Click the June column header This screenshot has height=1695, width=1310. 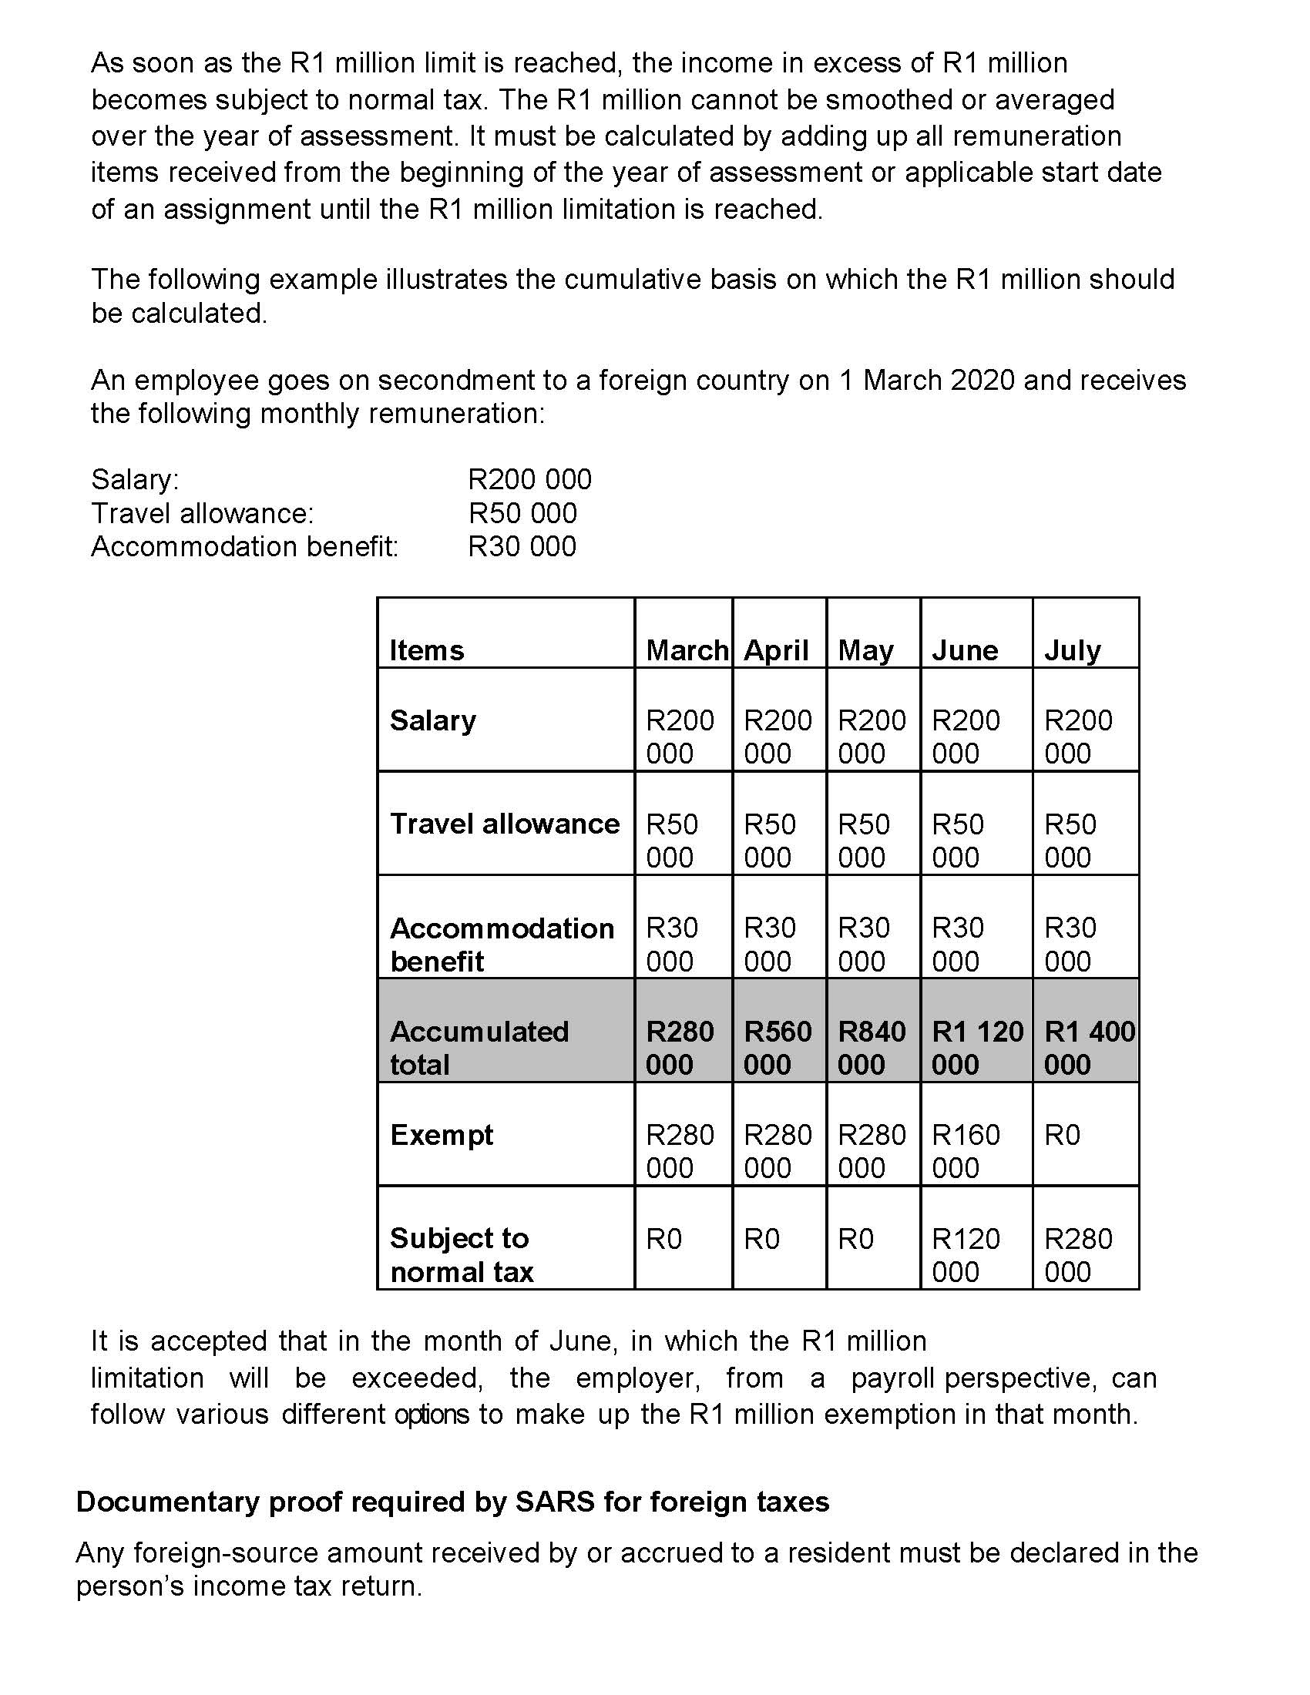965,650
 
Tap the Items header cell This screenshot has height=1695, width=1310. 427,650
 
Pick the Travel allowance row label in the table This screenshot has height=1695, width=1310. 505,824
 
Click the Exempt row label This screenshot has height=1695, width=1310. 442,1135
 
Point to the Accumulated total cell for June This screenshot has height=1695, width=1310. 976,1048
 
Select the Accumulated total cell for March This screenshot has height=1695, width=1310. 679,1048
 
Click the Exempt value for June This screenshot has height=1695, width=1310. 966,1151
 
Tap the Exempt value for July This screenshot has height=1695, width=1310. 1062,1136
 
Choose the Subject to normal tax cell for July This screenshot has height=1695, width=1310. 1078,1255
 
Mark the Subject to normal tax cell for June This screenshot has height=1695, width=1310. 966,1255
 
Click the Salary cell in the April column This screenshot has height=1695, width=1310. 778,737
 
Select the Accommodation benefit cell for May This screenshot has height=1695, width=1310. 864,944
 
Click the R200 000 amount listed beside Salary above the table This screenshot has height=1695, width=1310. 529,480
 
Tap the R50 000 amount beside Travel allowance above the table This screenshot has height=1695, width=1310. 522,513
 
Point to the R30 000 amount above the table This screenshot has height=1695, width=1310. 522,546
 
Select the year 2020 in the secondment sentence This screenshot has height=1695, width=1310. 982,381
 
